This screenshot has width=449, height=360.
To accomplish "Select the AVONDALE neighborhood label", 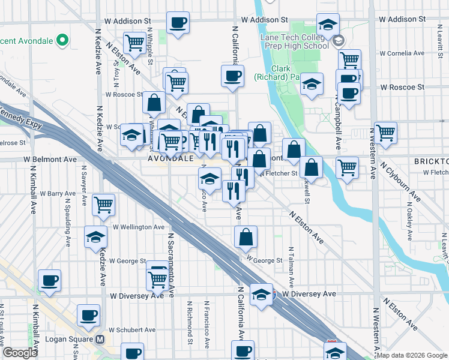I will (170, 159).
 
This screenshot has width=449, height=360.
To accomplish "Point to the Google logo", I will (19, 353).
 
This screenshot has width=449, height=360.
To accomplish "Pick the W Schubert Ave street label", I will (132, 329).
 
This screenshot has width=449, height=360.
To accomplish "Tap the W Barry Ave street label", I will (58, 193).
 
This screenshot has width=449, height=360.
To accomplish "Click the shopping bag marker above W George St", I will (246, 238).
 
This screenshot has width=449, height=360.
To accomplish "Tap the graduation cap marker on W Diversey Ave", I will (261, 295).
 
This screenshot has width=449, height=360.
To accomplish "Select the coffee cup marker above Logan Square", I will (89, 315).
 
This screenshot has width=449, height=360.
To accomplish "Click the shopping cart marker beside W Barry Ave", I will (104, 204).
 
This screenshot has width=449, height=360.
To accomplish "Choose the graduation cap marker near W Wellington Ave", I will (95, 237).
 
